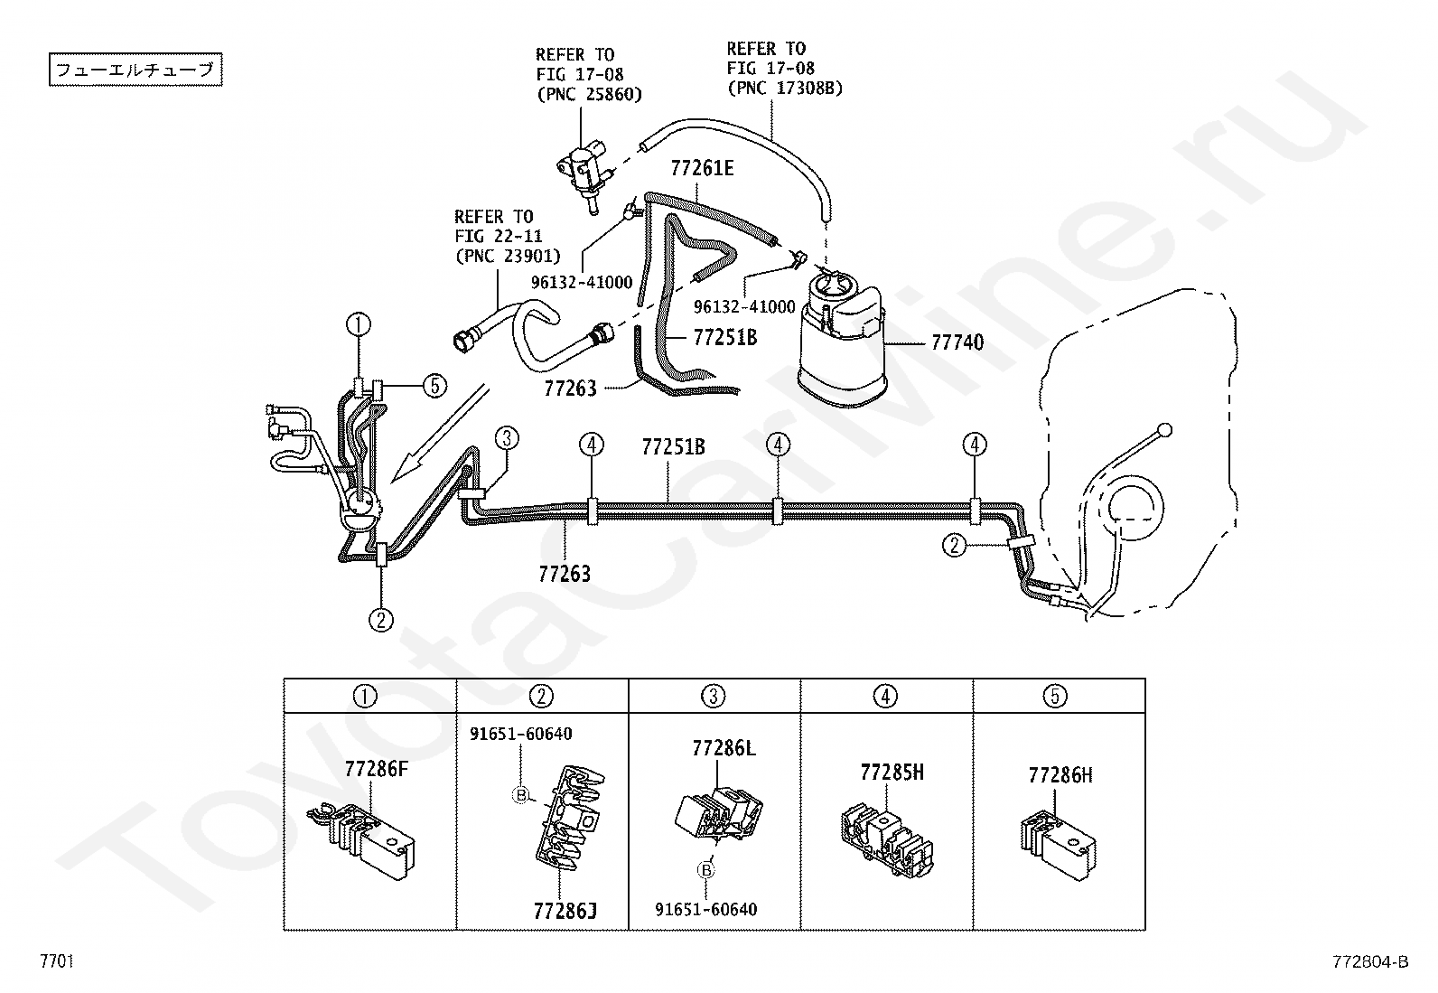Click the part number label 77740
click(957, 342)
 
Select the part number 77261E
click(702, 168)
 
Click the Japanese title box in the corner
click(135, 70)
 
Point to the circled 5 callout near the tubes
click(434, 386)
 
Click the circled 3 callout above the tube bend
click(507, 439)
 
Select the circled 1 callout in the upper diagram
click(359, 324)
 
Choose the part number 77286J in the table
click(565, 911)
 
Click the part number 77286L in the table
click(724, 748)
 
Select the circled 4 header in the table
click(886, 697)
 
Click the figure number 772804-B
click(1370, 961)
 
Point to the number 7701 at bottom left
click(57, 960)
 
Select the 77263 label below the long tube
click(565, 574)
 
